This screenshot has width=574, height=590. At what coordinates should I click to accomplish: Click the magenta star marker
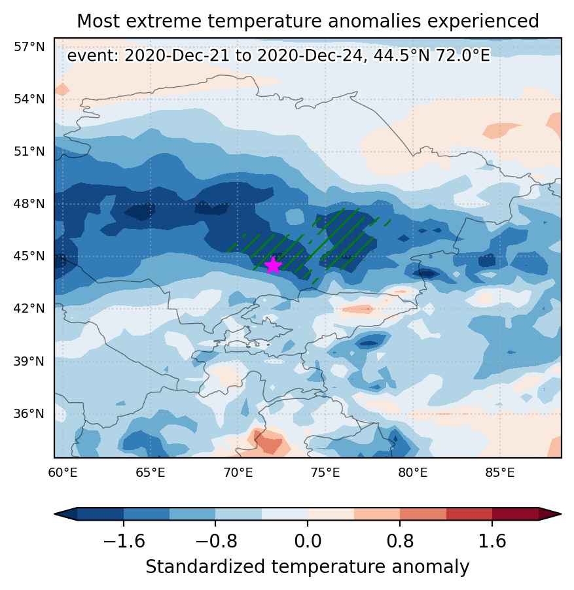coord(274,266)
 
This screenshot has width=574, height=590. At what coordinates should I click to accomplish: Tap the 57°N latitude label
coord(29,47)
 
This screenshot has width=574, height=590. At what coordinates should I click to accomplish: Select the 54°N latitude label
coord(29,99)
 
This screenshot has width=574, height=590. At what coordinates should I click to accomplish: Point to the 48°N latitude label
coord(29,204)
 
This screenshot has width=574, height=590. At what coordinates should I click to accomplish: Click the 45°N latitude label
coord(29,256)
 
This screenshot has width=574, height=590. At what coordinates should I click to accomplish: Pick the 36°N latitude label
coord(29,414)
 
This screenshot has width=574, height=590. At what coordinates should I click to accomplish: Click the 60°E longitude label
coord(63,473)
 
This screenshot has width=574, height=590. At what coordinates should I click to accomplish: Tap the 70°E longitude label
coord(238,473)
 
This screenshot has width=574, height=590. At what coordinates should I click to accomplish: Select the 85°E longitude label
coord(500,473)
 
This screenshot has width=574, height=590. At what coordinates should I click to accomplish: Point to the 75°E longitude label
coord(325,473)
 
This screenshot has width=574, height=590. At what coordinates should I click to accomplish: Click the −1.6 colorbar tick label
coord(124,542)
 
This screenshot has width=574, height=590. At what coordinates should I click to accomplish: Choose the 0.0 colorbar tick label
coord(308,542)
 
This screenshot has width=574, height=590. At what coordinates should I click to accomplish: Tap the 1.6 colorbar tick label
coord(492,542)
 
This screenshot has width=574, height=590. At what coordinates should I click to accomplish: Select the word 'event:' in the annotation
coord(93,56)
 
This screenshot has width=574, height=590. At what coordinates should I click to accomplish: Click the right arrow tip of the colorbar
coord(560,513)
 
